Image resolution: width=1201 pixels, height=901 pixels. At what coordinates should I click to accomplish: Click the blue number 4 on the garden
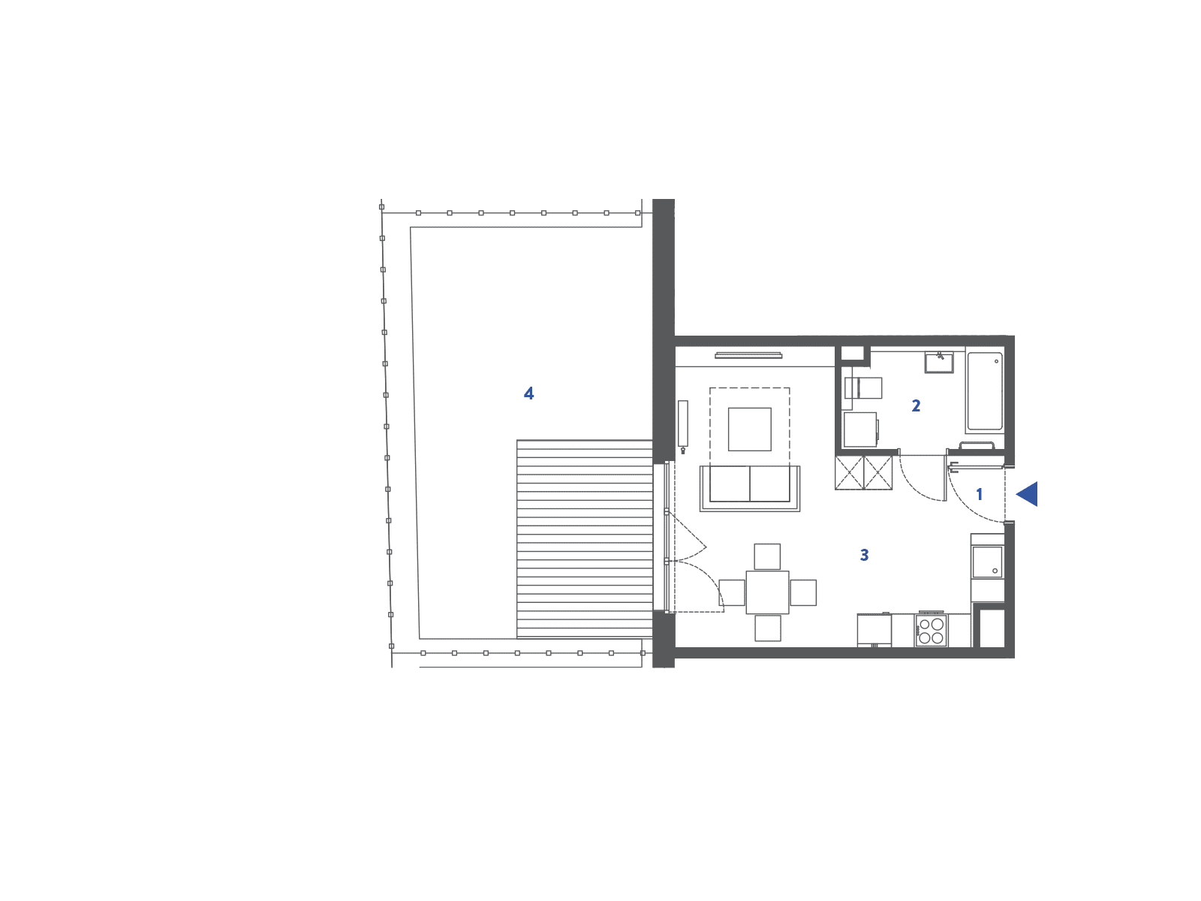pos(528,393)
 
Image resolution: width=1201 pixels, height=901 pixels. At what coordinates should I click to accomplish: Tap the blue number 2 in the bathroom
pos(915,405)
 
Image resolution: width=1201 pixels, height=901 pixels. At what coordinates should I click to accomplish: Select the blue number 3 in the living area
pos(864,556)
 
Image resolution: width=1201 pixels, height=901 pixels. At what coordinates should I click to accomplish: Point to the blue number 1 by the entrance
pos(979,495)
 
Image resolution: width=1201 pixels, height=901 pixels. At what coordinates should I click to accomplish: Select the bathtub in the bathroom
pos(984,390)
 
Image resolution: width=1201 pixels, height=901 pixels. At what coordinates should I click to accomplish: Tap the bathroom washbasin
pos(939,362)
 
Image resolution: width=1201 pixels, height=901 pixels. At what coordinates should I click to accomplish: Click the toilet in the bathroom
pos(863,388)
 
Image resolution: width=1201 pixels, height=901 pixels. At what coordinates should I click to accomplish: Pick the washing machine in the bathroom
pos(861,429)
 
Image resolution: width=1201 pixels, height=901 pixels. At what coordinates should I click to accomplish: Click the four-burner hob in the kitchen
pos(931,631)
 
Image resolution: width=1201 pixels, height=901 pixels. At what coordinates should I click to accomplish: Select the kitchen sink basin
pos(987,562)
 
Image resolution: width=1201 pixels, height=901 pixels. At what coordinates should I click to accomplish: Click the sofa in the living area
pos(750,489)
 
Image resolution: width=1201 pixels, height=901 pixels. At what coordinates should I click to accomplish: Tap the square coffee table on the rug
pos(750,429)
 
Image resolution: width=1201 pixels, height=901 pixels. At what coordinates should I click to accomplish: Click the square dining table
pos(767,592)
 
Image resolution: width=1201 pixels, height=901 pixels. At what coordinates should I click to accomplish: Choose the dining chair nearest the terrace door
pos(732,592)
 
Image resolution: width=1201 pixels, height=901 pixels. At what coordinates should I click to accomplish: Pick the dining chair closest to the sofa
pos(767,557)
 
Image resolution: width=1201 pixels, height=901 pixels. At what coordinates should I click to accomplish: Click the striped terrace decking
pos(584,539)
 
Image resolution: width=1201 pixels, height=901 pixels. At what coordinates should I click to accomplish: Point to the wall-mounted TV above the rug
pos(748,356)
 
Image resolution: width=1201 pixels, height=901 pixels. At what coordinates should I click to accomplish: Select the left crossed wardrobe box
pos(849,472)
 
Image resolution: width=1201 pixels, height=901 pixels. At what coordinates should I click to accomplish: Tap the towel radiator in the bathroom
pos(976,446)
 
